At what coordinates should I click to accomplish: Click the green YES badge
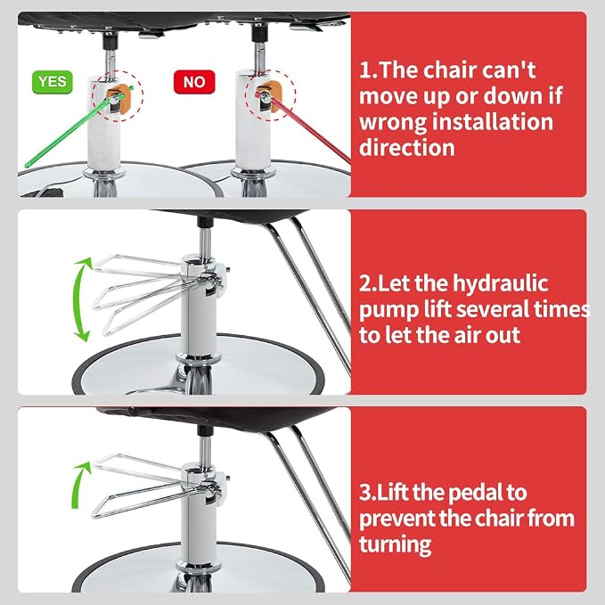(x=52, y=82)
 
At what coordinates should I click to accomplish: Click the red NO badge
(x=194, y=82)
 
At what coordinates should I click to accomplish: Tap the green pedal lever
(x=79, y=127)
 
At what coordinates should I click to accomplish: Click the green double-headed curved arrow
(x=81, y=299)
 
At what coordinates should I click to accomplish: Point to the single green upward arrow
(x=80, y=485)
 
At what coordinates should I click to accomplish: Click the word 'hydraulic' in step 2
(x=500, y=284)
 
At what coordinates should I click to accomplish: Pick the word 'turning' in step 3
(x=395, y=544)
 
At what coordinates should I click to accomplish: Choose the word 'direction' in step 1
(x=407, y=147)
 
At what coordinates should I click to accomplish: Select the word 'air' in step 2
(x=466, y=334)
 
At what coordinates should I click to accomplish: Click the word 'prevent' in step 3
(x=397, y=519)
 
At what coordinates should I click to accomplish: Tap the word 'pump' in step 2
(x=388, y=311)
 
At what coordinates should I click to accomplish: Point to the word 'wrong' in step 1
(x=393, y=123)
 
